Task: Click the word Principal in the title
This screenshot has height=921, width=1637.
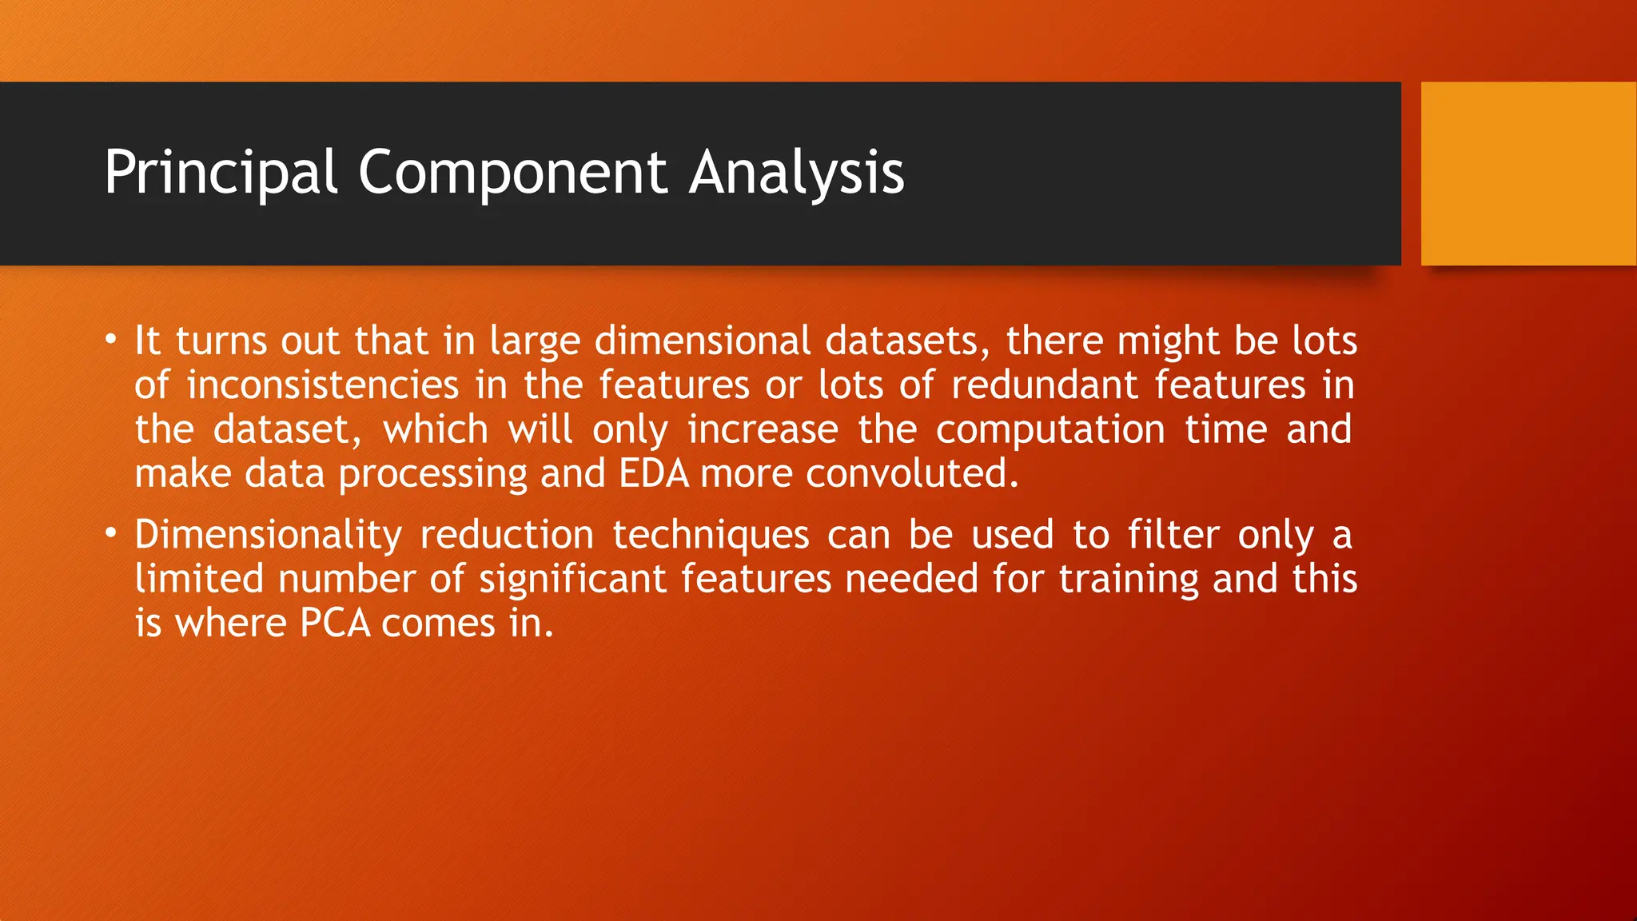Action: coord(221,173)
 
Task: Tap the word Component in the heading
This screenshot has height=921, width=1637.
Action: coord(512,173)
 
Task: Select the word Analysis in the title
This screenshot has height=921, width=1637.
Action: coord(796,173)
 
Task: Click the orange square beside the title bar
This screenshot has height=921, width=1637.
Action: coord(1528,173)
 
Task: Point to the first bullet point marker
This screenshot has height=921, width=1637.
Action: coord(110,339)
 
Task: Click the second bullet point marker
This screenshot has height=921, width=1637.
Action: coord(110,532)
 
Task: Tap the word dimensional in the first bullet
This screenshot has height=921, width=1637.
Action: coord(703,341)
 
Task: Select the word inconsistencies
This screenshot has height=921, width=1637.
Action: coord(322,385)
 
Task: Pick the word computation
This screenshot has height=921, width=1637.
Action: coord(1050,430)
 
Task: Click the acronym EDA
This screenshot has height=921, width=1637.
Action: coord(654,473)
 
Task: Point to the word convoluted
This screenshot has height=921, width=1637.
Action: coord(911,473)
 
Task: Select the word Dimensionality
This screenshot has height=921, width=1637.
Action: coord(268,535)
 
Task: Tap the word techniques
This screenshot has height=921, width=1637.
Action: coord(711,535)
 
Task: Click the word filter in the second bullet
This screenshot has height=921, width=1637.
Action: coord(1173,535)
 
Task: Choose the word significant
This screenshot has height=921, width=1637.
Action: coord(572,579)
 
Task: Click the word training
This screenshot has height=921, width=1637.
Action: coord(1129,579)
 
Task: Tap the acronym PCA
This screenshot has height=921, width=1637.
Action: coord(335,624)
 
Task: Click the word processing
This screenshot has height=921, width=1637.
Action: coord(432,473)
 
